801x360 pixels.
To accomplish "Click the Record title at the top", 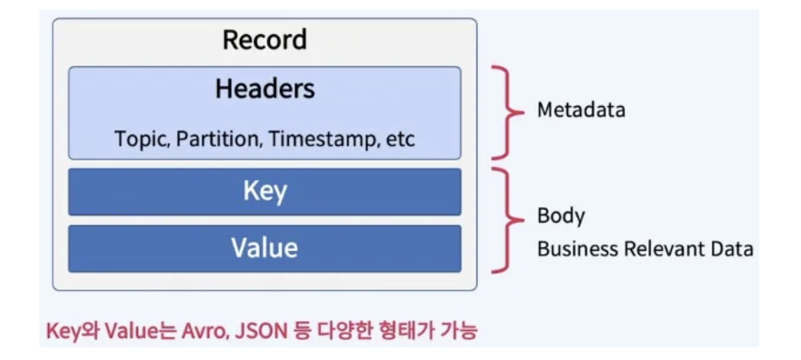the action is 264,41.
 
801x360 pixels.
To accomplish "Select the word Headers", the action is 265,89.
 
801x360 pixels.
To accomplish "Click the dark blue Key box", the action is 264,192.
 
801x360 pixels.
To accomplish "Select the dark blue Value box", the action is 264,248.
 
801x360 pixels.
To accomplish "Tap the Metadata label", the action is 581,111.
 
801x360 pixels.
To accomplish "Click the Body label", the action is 561,216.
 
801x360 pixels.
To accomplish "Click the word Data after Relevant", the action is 735,249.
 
